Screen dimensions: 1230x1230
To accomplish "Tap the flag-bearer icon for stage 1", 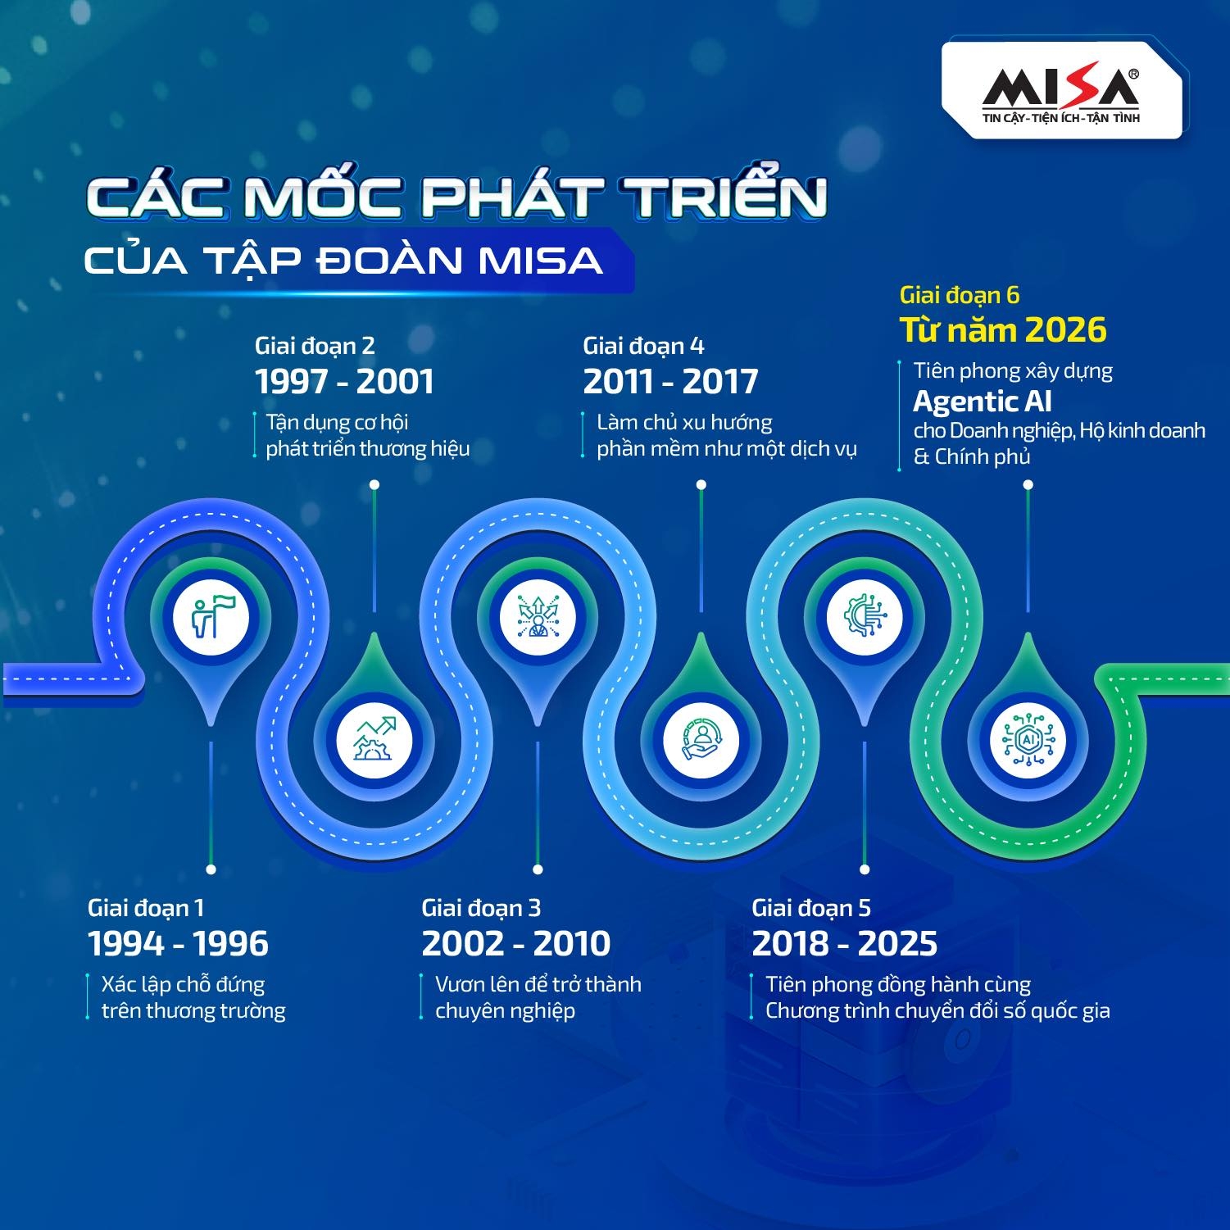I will tap(211, 617).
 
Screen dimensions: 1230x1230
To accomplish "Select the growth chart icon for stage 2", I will tap(374, 739).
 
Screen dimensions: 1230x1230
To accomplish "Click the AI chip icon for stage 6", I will tap(1028, 739).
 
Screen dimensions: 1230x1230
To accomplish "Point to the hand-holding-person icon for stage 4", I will tap(700, 739).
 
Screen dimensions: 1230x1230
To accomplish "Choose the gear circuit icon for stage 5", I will tap(864, 617).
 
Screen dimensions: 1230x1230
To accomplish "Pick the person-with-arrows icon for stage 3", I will tap(538, 617).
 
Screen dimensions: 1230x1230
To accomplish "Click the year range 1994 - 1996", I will tap(178, 944).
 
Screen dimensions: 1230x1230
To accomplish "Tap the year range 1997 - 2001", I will tap(344, 382).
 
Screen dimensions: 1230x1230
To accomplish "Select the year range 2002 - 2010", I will tap(515, 944).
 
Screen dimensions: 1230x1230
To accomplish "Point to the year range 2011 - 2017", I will tap(670, 382).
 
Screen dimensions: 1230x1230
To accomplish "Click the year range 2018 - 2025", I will tap(844, 944).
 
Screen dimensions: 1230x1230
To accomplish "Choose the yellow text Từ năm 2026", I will tap(1003, 330).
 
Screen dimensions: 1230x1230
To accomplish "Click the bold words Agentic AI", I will tap(982, 402).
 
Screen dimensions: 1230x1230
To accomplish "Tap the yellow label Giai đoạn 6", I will tap(959, 295).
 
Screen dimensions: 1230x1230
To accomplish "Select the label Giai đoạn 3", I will tap(481, 908).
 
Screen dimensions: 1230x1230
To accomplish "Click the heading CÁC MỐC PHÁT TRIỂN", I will tap(456, 197).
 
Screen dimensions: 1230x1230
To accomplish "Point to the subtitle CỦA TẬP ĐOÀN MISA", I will tap(343, 261).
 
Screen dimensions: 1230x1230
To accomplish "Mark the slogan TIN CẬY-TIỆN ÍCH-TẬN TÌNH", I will tap(1061, 118).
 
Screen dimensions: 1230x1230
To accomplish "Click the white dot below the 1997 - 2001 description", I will tap(374, 485).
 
